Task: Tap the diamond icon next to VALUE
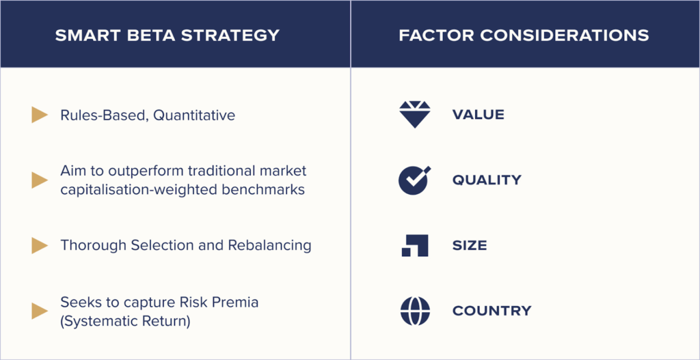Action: pyautogui.click(x=415, y=114)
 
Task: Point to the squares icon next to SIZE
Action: pyautogui.click(x=415, y=245)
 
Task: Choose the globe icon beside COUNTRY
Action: pyautogui.click(x=415, y=311)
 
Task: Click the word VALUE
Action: pyautogui.click(x=478, y=115)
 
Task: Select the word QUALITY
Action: pyautogui.click(x=487, y=180)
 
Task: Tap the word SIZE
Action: pyautogui.click(x=470, y=245)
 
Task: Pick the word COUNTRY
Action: pyautogui.click(x=492, y=311)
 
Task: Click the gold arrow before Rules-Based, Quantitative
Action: pyautogui.click(x=40, y=115)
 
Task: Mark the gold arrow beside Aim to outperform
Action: pyautogui.click(x=40, y=180)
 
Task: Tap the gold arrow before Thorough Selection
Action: pyautogui.click(x=40, y=245)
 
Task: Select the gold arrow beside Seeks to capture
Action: pyautogui.click(x=40, y=311)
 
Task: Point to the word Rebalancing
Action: pyautogui.click(x=269, y=246)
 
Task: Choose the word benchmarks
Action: pyautogui.click(x=263, y=190)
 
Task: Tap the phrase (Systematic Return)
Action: pyautogui.click(x=126, y=322)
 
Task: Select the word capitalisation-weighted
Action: pyautogui.click(x=139, y=190)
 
